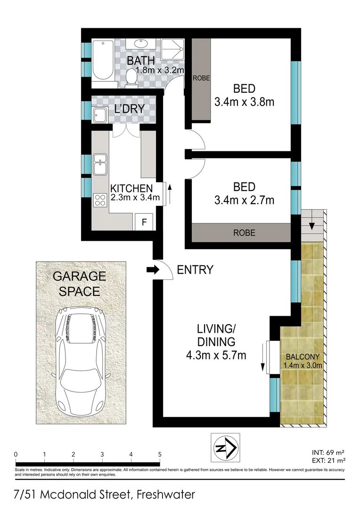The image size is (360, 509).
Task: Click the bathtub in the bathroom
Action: pos(102,61)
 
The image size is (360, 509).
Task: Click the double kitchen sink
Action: pos(100,164)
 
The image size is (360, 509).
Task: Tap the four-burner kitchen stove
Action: pos(100,200)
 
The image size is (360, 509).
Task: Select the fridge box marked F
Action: pos(145,222)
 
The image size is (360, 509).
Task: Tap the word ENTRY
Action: pos(195,270)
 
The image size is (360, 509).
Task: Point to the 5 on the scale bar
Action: pos(160,454)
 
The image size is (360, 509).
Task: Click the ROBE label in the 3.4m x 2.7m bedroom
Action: pos(243,232)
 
